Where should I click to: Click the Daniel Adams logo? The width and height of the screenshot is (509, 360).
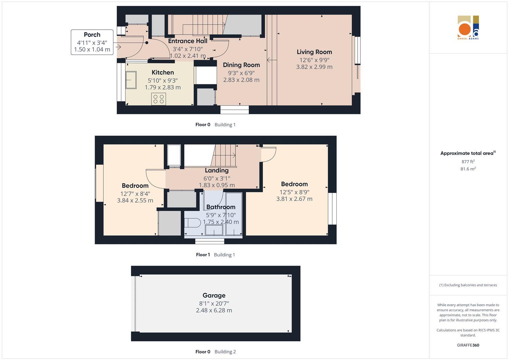click(468, 28)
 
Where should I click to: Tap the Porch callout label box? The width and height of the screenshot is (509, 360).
click(92, 42)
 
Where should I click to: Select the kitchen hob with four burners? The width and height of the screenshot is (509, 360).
click(158, 99)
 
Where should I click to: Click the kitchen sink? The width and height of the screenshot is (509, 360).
click(131, 80)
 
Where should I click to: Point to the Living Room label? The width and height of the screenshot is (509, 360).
click(314, 52)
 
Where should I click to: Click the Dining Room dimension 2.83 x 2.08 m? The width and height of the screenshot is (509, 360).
click(241, 80)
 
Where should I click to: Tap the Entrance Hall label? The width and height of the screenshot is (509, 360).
click(188, 41)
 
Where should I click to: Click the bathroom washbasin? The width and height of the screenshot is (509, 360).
click(214, 230)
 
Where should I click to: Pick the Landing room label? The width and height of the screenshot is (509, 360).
click(217, 171)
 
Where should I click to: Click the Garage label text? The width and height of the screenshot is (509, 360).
click(214, 295)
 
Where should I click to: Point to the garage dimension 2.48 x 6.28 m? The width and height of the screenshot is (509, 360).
click(214, 310)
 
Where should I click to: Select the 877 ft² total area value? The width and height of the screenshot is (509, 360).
click(468, 162)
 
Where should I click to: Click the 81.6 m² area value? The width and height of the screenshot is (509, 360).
click(468, 169)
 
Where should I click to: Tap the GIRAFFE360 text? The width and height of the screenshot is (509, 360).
click(468, 345)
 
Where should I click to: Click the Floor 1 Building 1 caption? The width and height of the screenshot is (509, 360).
click(215, 255)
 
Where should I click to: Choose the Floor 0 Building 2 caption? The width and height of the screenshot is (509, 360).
click(215, 352)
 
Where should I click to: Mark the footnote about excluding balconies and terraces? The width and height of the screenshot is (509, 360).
click(468, 285)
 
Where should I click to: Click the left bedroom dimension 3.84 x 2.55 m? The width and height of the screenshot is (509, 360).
click(135, 201)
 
